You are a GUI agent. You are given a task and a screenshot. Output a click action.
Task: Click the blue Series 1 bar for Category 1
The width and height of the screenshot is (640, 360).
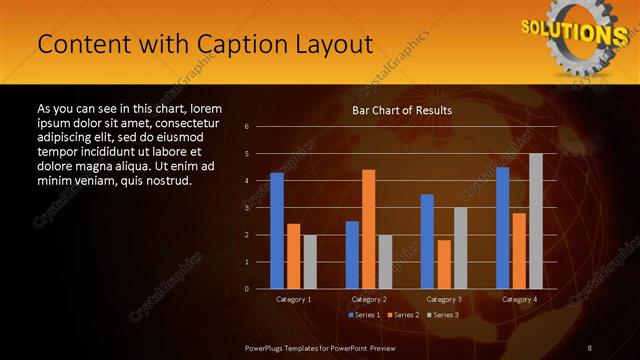(277, 231)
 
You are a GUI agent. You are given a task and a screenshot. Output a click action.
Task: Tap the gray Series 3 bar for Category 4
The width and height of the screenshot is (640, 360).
(535, 221)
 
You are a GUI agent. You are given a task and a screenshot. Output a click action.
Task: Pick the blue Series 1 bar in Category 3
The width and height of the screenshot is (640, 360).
(427, 241)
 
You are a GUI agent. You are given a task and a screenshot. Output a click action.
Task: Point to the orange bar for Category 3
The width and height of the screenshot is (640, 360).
(443, 264)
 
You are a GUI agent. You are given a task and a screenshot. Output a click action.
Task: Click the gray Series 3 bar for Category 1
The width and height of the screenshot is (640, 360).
(309, 262)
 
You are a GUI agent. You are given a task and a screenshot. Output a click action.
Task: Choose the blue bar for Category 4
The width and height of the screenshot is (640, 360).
(502, 228)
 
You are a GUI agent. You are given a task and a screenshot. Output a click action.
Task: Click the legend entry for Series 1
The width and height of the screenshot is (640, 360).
(365, 315)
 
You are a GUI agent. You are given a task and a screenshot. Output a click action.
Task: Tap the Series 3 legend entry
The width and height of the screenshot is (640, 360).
(445, 315)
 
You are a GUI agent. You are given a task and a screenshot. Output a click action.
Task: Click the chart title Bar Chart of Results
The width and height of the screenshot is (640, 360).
(402, 110)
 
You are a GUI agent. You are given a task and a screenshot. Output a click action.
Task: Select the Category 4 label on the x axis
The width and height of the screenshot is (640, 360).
(518, 299)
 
